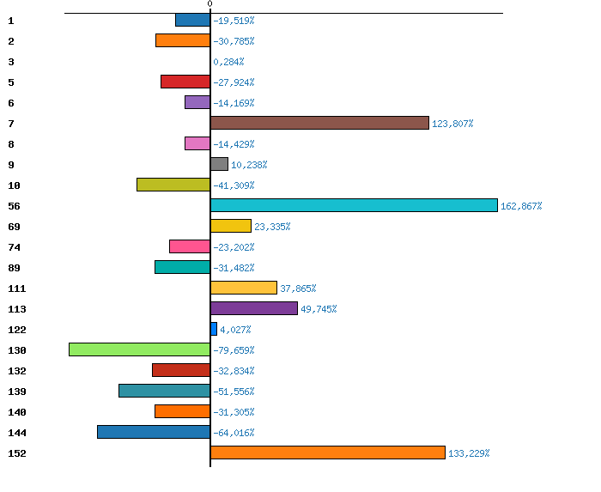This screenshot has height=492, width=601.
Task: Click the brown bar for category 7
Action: point(319,123)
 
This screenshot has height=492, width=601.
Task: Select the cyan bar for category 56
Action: point(354,205)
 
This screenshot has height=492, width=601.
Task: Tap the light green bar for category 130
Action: point(139,349)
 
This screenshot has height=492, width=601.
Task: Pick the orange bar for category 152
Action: point(327,453)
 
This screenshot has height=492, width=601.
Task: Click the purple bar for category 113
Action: point(253,308)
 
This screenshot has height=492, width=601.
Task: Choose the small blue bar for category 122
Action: point(214,329)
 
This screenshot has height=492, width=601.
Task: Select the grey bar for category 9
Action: point(219,164)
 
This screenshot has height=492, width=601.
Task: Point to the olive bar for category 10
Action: point(173,185)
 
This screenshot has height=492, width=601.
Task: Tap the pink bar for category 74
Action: point(190,246)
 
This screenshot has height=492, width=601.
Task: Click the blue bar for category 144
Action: point(154,432)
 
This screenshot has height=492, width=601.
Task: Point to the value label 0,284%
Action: point(228,62)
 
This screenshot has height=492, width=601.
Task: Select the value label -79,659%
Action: point(234,350)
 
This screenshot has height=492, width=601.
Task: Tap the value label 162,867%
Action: point(521,206)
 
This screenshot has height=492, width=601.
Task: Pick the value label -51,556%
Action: point(234,392)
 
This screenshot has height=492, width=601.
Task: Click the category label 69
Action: point(14,227)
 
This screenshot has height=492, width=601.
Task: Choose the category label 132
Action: point(16,371)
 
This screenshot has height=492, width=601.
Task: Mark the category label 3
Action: point(11,62)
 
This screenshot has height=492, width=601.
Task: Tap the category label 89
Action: point(14,268)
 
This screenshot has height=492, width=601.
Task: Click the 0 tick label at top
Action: point(209,4)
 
